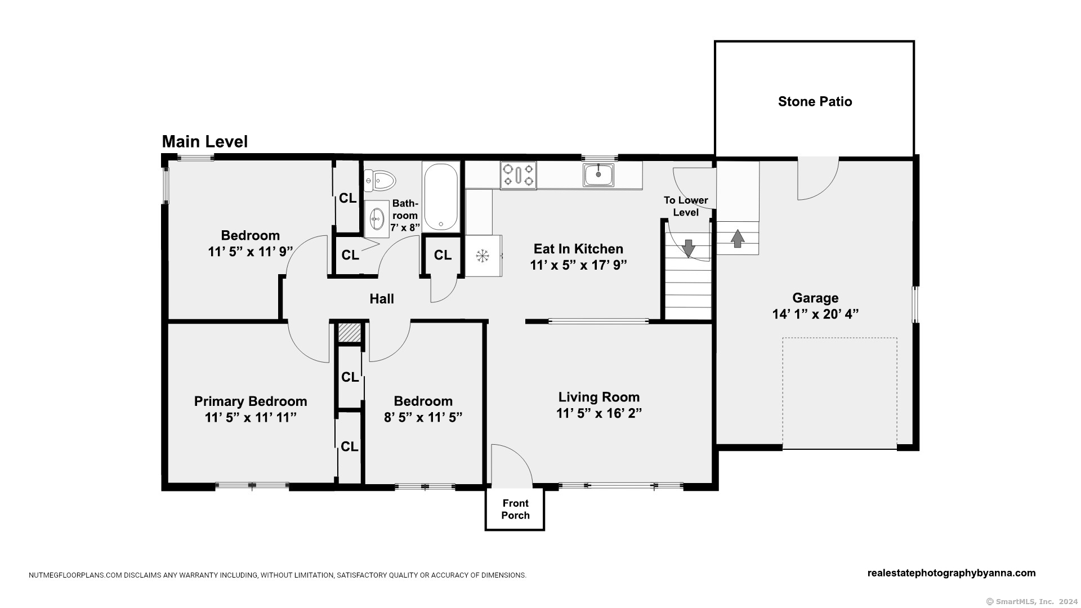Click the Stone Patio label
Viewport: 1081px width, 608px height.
click(x=815, y=102)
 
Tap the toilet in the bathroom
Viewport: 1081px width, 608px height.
click(x=380, y=181)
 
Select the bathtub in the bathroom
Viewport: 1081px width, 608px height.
click(x=441, y=196)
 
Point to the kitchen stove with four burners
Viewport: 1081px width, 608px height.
click(x=518, y=175)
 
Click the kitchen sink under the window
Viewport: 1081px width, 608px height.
click(x=598, y=175)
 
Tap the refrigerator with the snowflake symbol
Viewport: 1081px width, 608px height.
click(x=483, y=256)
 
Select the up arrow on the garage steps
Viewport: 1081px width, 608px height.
click(x=738, y=238)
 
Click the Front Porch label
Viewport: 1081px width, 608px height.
click(x=515, y=509)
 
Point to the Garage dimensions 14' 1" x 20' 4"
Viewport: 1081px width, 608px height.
click(x=815, y=314)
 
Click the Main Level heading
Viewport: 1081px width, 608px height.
click(x=205, y=142)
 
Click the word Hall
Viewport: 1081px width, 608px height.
click(x=382, y=299)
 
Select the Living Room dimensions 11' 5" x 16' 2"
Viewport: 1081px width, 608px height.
click(x=599, y=413)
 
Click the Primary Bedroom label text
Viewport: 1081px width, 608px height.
click(x=251, y=401)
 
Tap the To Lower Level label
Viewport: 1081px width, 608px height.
click(x=686, y=206)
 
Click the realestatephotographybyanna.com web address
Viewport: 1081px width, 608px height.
click(x=952, y=573)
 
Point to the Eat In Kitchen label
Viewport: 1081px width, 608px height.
click(x=578, y=249)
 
